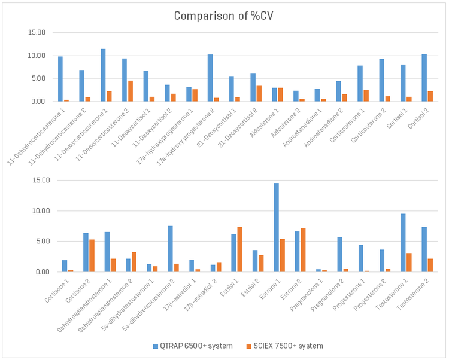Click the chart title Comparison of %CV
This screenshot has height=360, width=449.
pyautogui.click(x=224, y=16)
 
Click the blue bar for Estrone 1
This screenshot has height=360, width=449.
pyautogui.click(x=276, y=227)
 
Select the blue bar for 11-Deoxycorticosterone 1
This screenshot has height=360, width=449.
pyautogui.click(x=103, y=75)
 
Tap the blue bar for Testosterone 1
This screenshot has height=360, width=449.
pyautogui.click(x=403, y=243)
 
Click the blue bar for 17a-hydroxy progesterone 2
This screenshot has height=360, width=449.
pyautogui.click(x=210, y=78)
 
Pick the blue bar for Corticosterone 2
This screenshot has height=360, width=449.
pyautogui.click(x=381, y=80)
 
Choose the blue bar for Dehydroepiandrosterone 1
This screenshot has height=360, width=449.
pyautogui.click(x=107, y=252)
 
